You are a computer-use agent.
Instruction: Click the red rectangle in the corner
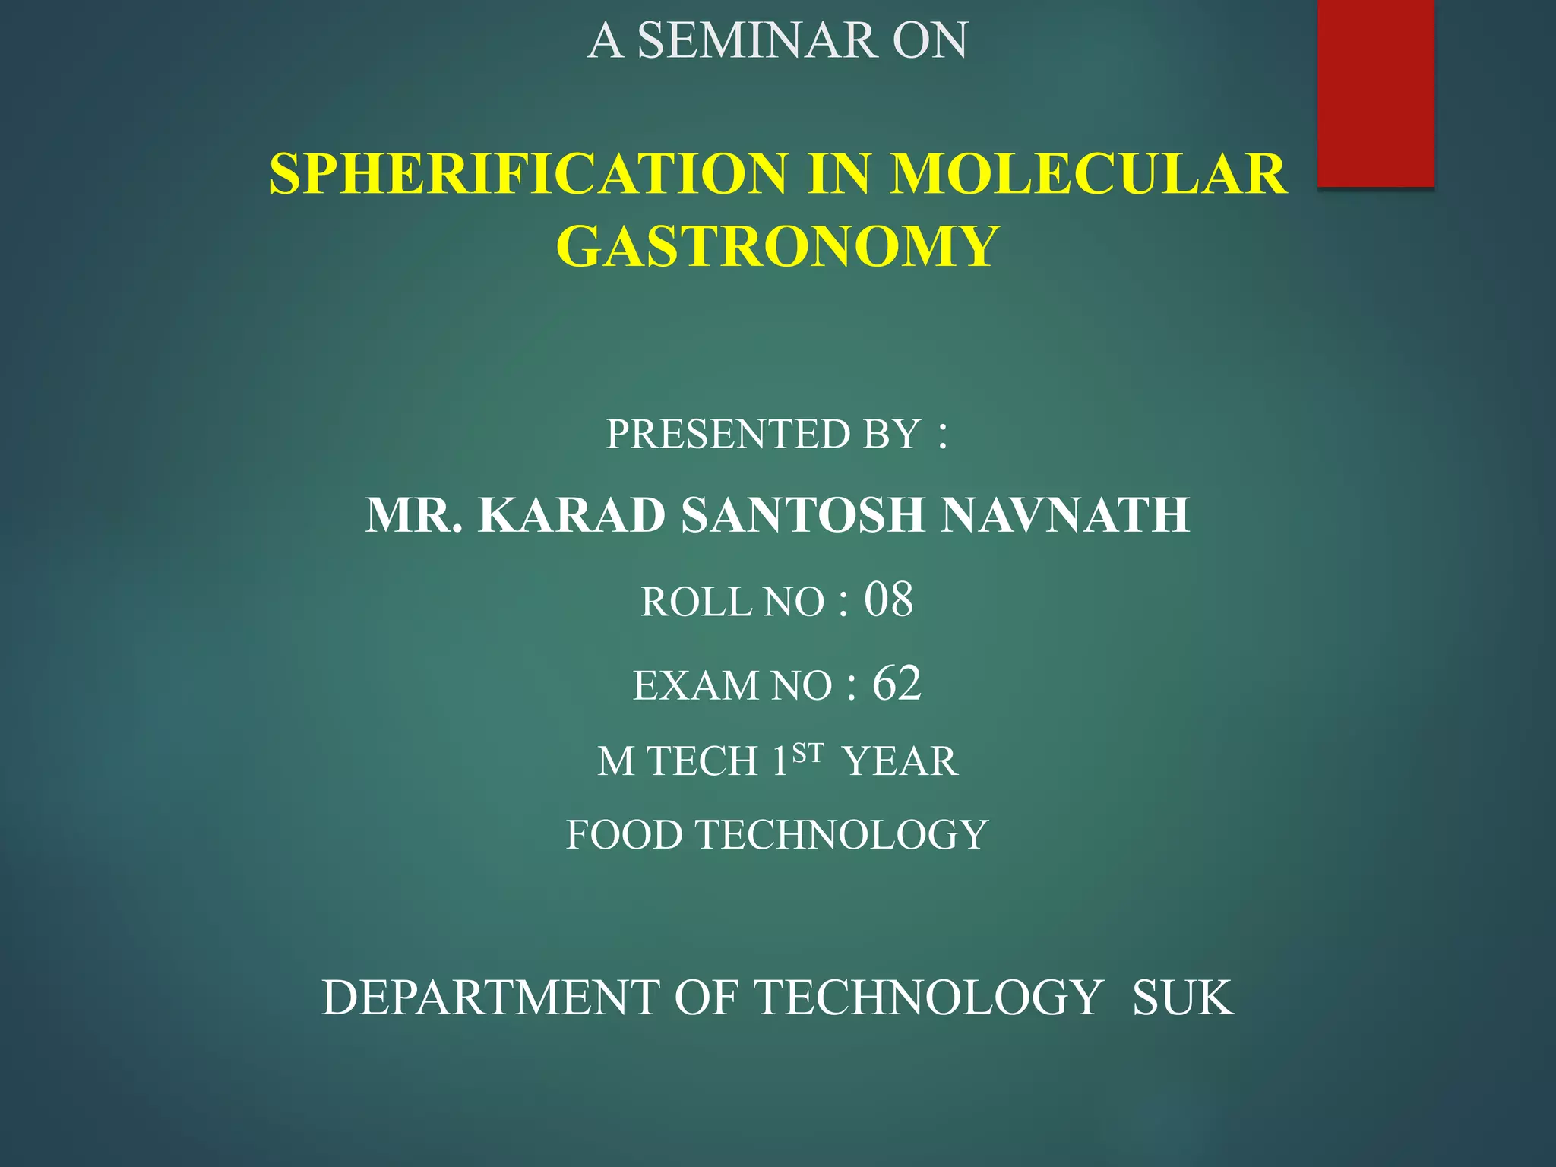click(1375, 93)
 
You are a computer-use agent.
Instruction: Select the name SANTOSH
click(802, 516)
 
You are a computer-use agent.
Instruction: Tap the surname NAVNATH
click(1064, 516)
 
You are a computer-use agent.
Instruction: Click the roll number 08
click(888, 599)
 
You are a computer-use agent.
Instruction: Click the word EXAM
click(695, 685)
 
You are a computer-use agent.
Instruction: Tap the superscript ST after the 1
click(808, 753)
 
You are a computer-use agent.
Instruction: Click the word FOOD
click(625, 835)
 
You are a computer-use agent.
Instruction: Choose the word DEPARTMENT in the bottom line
click(490, 998)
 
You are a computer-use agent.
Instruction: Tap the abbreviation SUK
click(1182, 998)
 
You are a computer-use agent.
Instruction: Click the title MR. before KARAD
click(414, 516)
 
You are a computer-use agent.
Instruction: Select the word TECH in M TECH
click(703, 761)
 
